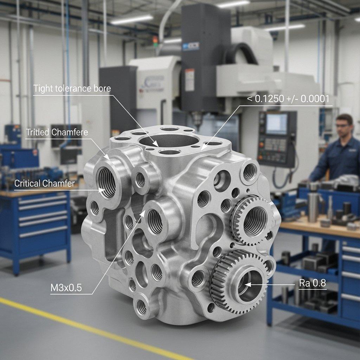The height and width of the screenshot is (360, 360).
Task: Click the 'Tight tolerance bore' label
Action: (72, 88)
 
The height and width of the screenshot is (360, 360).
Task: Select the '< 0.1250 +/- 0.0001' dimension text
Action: (288, 99)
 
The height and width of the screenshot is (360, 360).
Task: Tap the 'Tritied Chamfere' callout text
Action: (57, 133)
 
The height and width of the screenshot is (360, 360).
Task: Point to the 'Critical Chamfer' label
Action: (44, 183)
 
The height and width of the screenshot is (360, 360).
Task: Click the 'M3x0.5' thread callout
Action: (66, 288)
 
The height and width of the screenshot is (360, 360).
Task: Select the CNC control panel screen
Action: (276, 124)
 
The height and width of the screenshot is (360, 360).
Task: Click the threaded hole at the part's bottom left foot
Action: (142, 307)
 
